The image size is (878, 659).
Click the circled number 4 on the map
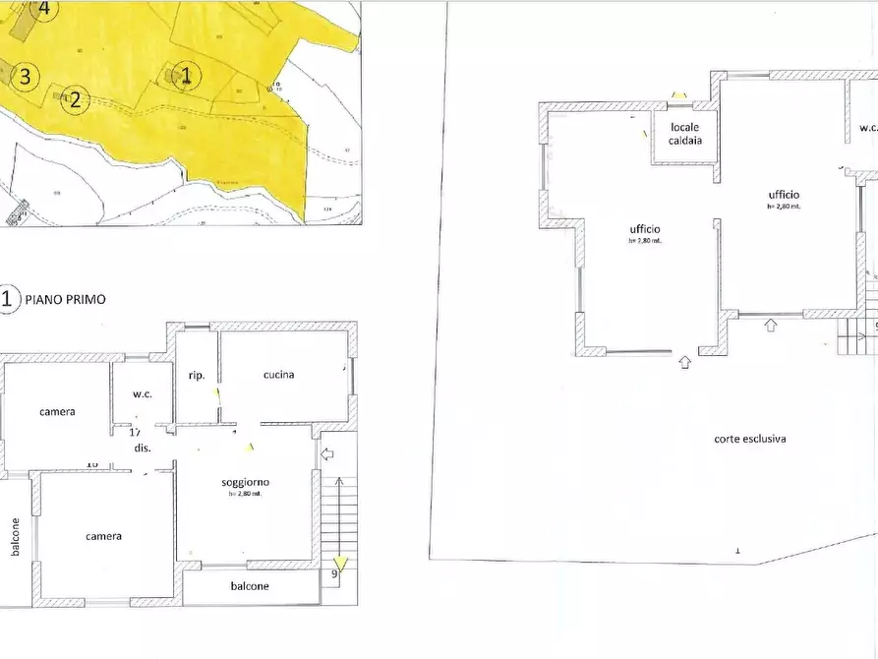(42, 9)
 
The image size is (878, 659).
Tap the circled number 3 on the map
(26, 75)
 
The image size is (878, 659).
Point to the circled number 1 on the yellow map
(187, 75)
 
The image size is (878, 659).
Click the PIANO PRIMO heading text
(65, 299)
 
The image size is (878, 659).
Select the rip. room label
(196, 375)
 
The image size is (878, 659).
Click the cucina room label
(279, 375)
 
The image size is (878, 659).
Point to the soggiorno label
(246, 482)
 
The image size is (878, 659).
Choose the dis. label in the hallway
(142, 449)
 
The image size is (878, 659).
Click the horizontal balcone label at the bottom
(251, 586)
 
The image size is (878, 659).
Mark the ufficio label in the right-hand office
(784, 196)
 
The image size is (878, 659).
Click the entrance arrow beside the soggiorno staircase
(328, 453)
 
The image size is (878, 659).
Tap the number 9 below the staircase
(335, 573)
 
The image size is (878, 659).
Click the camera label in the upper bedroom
(57, 412)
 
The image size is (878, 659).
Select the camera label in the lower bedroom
(103, 536)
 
